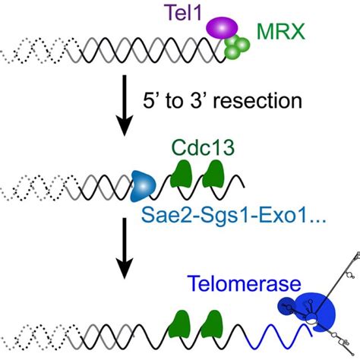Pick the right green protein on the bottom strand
pyautogui.click(x=216, y=325)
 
